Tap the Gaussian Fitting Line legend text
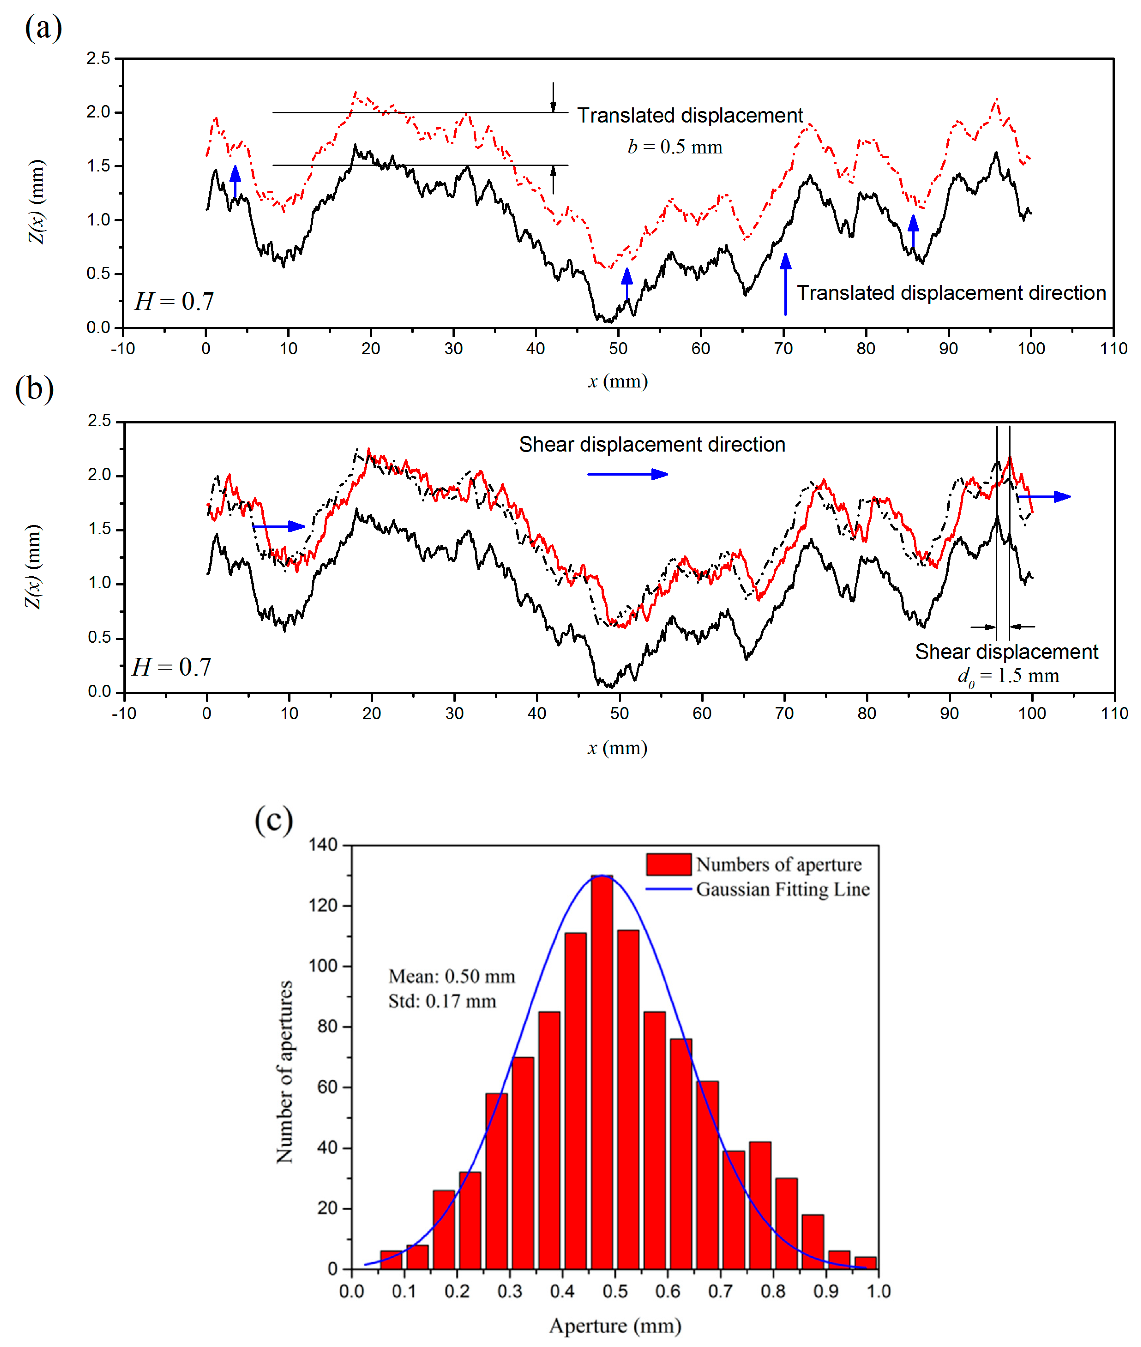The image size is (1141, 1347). pos(783,889)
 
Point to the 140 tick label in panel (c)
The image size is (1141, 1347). pos(323,845)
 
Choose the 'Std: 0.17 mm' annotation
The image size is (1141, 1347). pos(442,1001)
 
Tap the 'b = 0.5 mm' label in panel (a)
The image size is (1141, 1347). pos(675,147)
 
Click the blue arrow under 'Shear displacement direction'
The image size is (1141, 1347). pos(627,474)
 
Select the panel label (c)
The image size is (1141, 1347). pos(274,820)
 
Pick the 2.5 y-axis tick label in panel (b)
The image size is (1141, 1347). pos(100,421)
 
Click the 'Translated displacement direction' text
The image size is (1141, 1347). pos(951,293)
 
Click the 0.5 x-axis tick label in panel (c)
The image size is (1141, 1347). pos(615,1291)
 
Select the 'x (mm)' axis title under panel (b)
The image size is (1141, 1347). pos(618,748)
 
